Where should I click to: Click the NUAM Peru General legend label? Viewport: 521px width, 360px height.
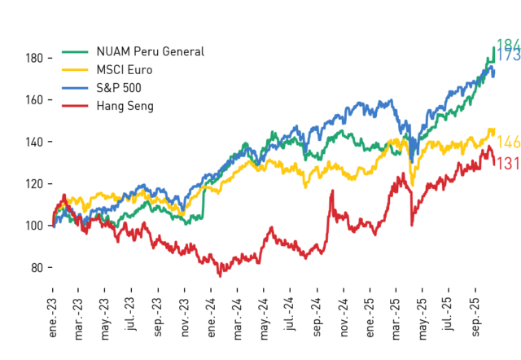coord(150,51)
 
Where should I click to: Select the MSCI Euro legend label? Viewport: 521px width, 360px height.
coord(125,70)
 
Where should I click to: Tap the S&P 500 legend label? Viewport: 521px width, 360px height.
coord(119,88)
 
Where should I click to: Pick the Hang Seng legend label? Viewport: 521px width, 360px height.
coord(125,106)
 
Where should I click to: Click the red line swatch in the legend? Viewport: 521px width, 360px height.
coord(75,106)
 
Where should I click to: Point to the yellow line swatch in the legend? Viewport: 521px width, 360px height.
coord(75,70)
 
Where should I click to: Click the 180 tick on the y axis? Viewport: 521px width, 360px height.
coord(34,58)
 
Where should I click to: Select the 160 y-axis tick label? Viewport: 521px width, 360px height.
coord(34,99)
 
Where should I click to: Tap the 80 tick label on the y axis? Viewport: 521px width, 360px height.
coord(37,268)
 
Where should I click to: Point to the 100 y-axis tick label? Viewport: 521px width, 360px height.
coord(34,226)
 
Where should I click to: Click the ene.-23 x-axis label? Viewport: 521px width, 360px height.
coord(52,318)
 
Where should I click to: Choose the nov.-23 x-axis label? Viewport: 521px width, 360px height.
coord(185,318)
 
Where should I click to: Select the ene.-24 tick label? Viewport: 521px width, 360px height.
coord(211,318)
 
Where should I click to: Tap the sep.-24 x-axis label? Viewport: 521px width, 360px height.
coord(317,318)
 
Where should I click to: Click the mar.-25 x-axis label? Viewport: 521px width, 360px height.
coord(396,319)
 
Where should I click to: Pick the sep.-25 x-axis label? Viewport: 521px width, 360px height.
coord(475,318)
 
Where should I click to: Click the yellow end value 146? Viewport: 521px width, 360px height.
coord(508,143)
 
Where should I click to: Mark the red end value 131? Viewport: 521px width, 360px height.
coord(508,164)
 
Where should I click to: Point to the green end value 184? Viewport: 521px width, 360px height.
coord(508,45)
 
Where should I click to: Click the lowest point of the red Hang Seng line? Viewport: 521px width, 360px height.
coord(220,276)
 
